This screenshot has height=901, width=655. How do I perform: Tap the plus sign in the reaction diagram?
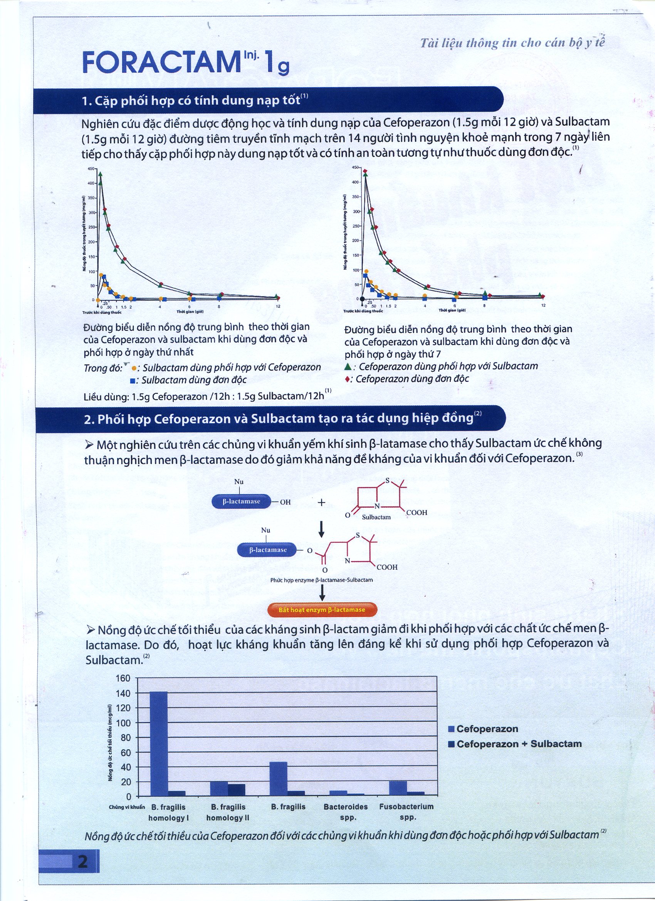[322, 503]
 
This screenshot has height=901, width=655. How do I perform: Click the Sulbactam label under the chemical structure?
[376, 517]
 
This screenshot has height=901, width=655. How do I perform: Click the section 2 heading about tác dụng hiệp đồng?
[278, 419]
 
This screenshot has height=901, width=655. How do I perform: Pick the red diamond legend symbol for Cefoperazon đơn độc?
[348, 379]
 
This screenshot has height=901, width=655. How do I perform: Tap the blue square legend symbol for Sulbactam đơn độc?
[133, 381]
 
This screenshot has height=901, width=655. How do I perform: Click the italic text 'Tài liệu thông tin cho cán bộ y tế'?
[512, 43]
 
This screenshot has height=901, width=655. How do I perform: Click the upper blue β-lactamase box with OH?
[241, 502]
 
